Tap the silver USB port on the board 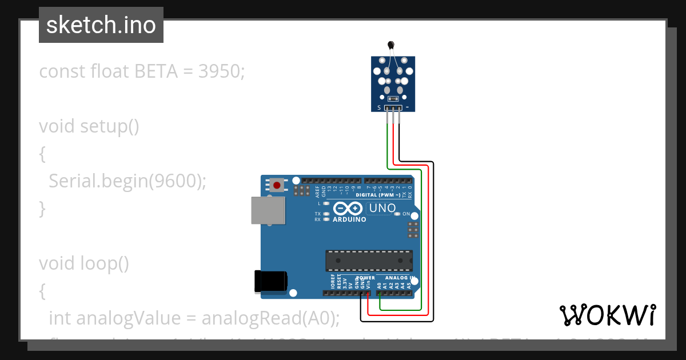268,210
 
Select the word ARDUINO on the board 349,219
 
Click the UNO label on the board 382,209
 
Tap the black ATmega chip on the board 369,260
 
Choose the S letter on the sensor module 378,107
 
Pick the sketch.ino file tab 101,25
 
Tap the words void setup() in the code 89,126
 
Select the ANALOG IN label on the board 398,278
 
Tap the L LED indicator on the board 326,203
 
